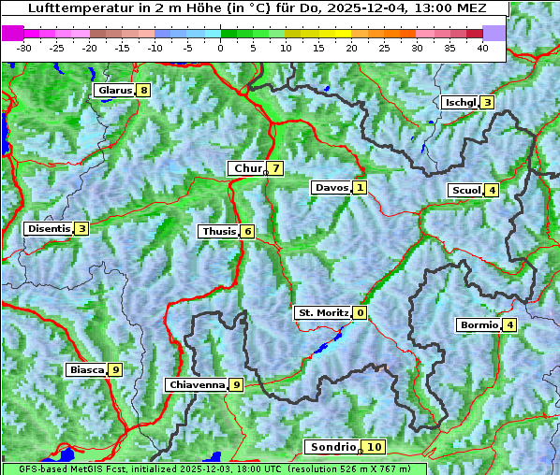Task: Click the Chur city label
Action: [248, 168]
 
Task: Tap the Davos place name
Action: [332, 187]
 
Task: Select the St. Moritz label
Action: [323, 312]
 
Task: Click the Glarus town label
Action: [114, 90]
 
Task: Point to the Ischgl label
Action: [461, 102]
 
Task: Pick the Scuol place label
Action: [466, 190]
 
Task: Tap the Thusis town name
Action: [218, 231]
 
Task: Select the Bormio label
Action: [479, 325]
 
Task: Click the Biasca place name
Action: [86, 369]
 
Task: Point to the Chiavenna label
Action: [197, 384]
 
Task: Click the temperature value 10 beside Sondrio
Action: [374, 447]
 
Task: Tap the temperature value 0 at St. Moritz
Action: [361, 312]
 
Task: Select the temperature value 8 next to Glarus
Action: [143, 90]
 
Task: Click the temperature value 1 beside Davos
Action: [360, 187]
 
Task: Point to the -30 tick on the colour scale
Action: [24, 48]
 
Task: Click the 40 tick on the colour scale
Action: [482, 48]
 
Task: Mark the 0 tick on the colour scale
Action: [221, 48]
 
